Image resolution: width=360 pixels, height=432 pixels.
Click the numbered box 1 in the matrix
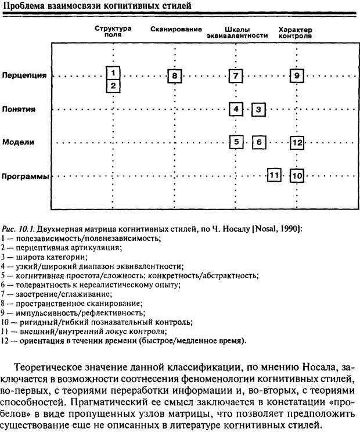coord(114,73)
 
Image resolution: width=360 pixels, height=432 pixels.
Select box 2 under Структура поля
coord(114,87)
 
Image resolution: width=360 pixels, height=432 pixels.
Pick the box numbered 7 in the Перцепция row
coord(236,75)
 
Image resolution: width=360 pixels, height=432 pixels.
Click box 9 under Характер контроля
coord(296,75)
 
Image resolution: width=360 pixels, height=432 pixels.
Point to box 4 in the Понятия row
coord(236,109)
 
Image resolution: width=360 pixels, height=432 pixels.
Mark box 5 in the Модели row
coord(236,142)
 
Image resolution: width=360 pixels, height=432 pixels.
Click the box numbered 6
coord(259,142)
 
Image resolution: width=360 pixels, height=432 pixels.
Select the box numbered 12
coord(297,142)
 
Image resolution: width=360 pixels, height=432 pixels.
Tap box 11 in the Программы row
coord(274,175)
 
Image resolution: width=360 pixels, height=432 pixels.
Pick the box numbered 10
coord(297,175)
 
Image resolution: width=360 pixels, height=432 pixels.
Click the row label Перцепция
coord(24,75)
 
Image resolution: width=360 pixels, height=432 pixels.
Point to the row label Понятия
coord(19,109)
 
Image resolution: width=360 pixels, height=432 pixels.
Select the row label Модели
coord(17,142)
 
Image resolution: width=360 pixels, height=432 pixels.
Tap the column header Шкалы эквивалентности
coord(236,32)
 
